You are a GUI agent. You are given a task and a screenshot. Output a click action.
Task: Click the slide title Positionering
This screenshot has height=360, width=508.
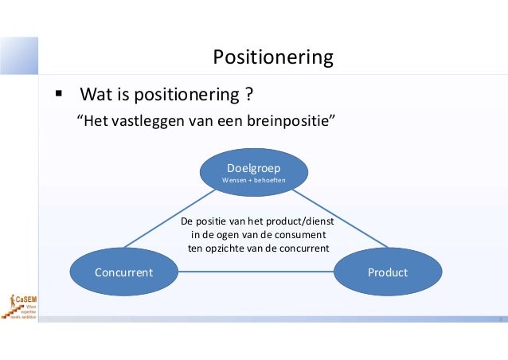[x=272, y=57]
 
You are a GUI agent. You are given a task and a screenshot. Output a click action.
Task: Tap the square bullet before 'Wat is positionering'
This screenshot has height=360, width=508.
[x=58, y=96]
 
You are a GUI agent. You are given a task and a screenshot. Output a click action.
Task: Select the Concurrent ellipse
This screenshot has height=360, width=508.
[x=124, y=272]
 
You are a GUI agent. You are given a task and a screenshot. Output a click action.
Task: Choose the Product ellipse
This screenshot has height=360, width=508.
[x=387, y=272]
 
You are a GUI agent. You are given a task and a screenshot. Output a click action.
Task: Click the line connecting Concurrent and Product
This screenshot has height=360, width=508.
[x=255, y=272]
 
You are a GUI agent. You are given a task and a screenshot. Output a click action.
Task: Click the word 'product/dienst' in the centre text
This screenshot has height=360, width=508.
[x=294, y=221]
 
